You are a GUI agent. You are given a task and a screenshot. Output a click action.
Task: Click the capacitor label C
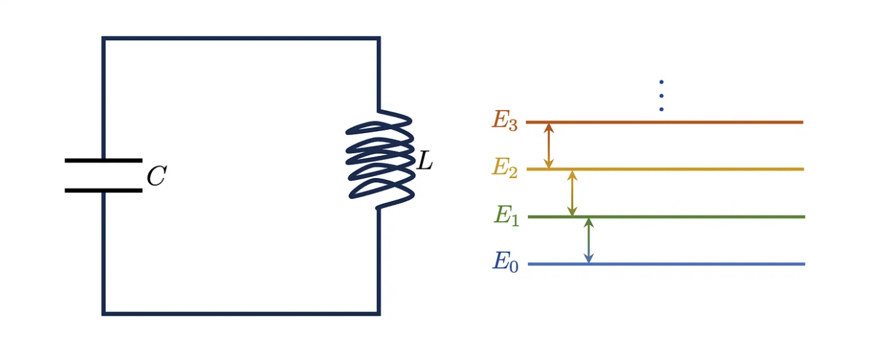[156, 176]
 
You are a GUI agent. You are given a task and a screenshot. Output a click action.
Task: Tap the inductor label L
[424, 161]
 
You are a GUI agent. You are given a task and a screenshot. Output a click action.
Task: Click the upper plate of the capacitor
[103, 160]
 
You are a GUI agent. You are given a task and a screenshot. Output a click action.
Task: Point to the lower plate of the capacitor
[103, 190]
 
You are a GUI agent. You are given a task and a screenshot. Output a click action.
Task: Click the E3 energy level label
[505, 121]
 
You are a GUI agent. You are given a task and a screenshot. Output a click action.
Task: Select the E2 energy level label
[505, 168]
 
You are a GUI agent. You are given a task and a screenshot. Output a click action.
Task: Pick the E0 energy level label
[505, 262]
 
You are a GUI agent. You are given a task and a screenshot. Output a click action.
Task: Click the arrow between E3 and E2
[549, 145]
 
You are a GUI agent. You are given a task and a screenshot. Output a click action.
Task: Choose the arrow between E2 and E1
[572, 193]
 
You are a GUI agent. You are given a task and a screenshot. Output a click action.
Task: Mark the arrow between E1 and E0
[589, 241]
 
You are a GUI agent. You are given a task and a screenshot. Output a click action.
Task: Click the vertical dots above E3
[661, 95]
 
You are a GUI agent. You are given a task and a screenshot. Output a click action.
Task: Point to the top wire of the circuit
[241, 39]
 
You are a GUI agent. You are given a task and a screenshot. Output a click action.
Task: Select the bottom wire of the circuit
[241, 313]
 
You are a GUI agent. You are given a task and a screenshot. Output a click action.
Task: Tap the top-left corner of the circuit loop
[104, 39]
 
